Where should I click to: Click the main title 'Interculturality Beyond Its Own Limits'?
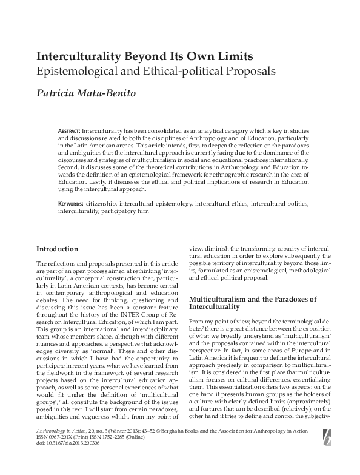145,56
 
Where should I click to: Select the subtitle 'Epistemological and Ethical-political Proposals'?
156,72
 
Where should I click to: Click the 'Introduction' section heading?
57,249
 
